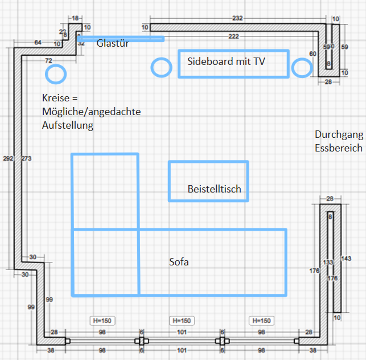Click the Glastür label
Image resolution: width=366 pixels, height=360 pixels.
pos(113,43)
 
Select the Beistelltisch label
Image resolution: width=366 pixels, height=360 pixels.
pos(214,189)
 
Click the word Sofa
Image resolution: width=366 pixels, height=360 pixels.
pos(178,263)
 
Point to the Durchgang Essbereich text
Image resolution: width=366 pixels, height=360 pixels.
pos(338,141)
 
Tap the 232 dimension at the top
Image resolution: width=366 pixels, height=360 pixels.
pos(237,18)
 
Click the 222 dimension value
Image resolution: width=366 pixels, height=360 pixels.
pos(234,36)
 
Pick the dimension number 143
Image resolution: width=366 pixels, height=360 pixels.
pos(346,258)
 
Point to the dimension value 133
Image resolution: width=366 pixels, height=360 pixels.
pos(328,263)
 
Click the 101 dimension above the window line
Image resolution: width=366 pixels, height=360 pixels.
pos(182,332)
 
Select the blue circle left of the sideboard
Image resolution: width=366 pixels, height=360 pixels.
pos(162,67)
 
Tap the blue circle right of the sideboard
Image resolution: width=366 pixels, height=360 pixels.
pos(302,68)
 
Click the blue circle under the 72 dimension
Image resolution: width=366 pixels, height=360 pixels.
pos(56,74)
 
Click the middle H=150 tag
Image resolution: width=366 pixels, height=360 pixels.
pos(182,321)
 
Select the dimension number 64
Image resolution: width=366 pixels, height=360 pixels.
pos(38,42)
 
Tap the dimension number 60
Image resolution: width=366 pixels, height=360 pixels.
pos(312,54)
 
